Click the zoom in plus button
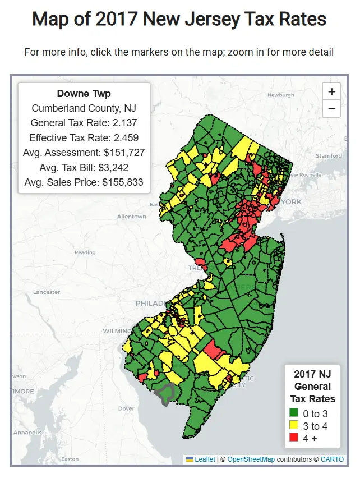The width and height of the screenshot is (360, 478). pos(331,92)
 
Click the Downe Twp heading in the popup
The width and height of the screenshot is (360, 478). pos(84,94)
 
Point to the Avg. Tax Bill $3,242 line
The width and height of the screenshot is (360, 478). pos(84,167)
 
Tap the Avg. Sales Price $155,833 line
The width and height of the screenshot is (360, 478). pos(84,182)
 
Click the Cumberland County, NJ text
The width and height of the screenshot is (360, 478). pos(84,108)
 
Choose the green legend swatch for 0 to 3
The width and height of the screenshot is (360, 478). pos(293,414)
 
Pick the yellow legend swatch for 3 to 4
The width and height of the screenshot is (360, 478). pos(293,426)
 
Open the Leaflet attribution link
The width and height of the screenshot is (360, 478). pos(204,459)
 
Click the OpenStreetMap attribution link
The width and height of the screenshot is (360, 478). pos(251,459)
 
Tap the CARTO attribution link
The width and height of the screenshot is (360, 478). pos(332,459)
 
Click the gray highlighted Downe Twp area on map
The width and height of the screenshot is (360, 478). pos(166,394)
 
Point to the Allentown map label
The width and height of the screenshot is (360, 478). pos(131,216)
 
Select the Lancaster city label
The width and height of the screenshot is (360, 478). pos(47,292)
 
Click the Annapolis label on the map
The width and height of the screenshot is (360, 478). pos(27,433)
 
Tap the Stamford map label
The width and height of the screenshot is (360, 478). pos(329,155)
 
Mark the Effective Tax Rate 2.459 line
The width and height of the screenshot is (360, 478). pos(84,137)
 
